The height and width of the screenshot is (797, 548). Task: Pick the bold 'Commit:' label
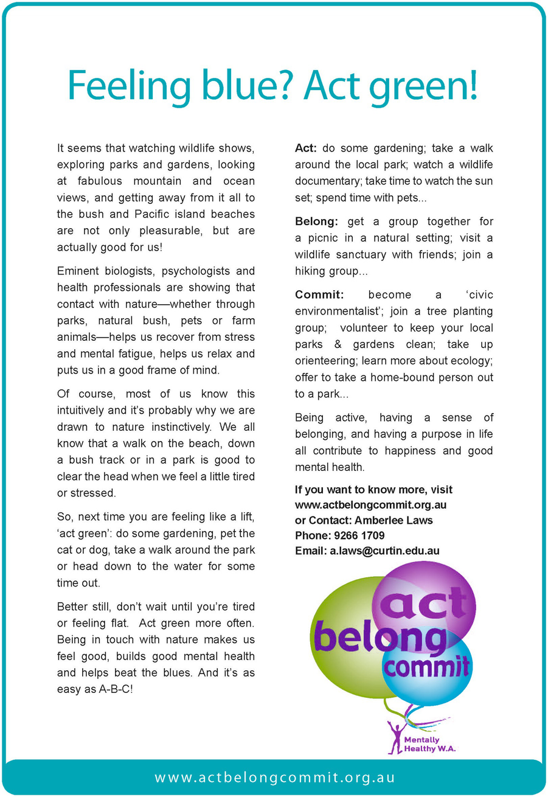click(319, 295)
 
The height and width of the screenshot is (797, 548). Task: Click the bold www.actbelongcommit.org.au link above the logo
click(371, 505)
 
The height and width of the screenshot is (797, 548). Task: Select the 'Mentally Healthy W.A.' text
click(430, 745)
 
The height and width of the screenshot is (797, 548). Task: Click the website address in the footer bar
click(275, 778)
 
